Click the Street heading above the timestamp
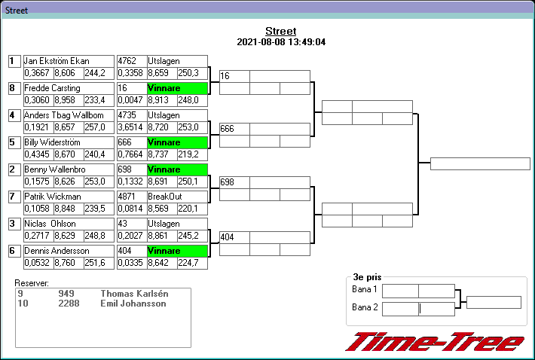click(x=280, y=31)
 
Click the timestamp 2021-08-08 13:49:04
click(x=280, y=42)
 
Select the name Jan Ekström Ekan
click(x=57, y=61)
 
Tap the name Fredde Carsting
click(x=52, y=88)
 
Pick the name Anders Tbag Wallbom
click(x=63, y=115)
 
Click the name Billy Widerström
click(x=52, y=142)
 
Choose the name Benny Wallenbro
click(x=54, y=169)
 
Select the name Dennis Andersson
click(x=57, y=251)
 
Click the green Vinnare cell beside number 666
click(x=176, y=142)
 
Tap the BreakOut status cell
click(x=176, y=197)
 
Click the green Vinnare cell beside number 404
click(x=176, y=251)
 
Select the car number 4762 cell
click(x=130, y=61)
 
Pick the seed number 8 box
click(x=13, y=88)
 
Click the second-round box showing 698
click(x=234, y=183)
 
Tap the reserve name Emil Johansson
click(x=133, y=304)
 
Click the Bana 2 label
click(x=365, y=307)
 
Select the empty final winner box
click(x=480, y=163)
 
